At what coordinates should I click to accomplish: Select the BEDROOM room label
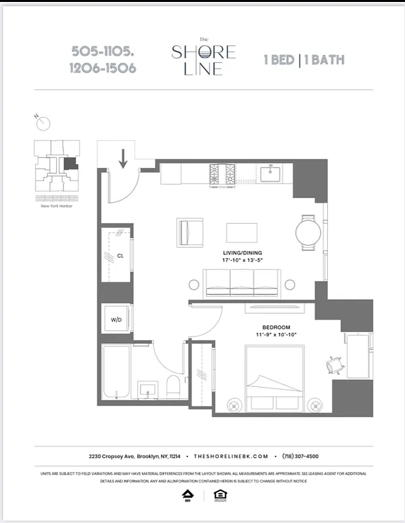coord(276,327)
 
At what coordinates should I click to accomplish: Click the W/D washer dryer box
coord(116,319)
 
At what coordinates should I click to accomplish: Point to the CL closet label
coord(120,256)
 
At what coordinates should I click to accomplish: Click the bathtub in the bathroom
coord(116,373)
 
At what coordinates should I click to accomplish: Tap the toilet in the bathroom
coord(173,386)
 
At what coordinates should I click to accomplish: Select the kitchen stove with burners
coord(222,173)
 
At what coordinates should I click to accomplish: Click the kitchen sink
coord(270,173)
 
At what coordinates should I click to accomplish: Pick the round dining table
coord(308,231)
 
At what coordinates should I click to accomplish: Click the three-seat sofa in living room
coord(241,282)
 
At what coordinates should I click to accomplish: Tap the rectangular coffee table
coord(242,232)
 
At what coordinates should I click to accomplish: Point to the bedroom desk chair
coord(334,365)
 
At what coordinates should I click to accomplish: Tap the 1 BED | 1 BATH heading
coord(304,60)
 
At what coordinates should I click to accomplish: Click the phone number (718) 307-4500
coord(300,456)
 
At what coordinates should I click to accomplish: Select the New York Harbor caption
coord(56,206)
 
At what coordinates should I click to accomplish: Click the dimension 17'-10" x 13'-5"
coord(242,260)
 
